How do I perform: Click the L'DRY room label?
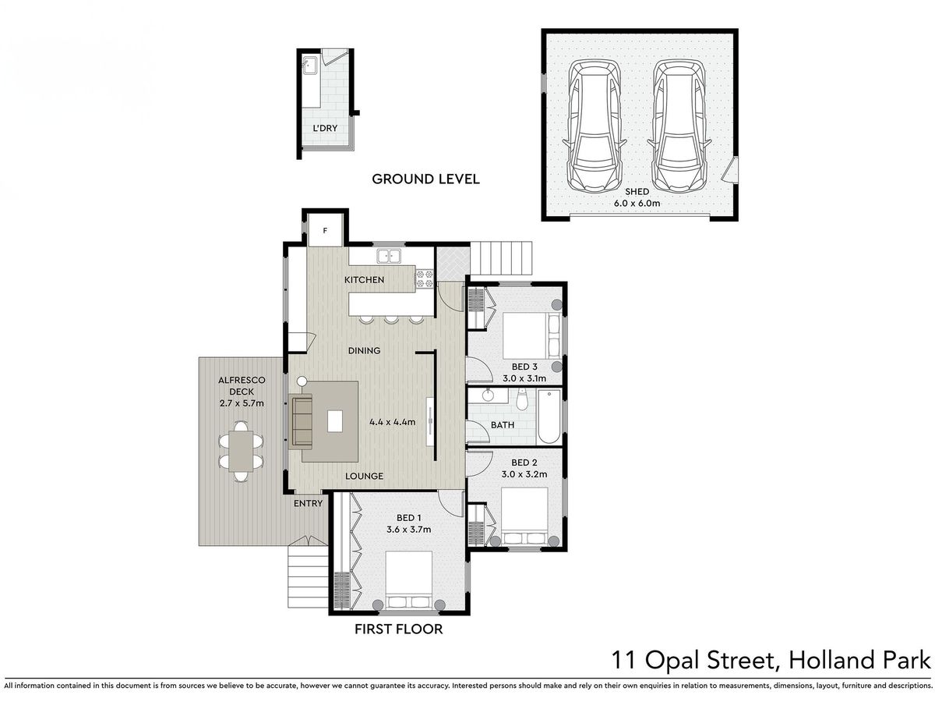(325, 128)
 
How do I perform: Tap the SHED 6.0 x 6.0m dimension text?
(637, 203)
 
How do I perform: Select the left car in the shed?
(595, 126)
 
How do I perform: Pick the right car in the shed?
(679, 126)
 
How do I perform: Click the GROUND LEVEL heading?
(425, 179)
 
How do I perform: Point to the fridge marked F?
(325, 231)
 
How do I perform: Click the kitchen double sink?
(389, 256)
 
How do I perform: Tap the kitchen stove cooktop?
(425, 278)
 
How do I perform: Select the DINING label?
(364, 350)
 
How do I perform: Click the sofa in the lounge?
(301, 421)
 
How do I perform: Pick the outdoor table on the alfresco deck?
(241, 451)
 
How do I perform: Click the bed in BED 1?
(409, 580)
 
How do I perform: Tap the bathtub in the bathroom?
(549, 417)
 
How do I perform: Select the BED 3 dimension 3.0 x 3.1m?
(524, 378)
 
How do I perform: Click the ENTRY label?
(308, 503)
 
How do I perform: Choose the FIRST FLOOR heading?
(399, 629)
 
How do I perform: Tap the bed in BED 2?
(524, 516)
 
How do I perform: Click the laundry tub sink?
(309, 66)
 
